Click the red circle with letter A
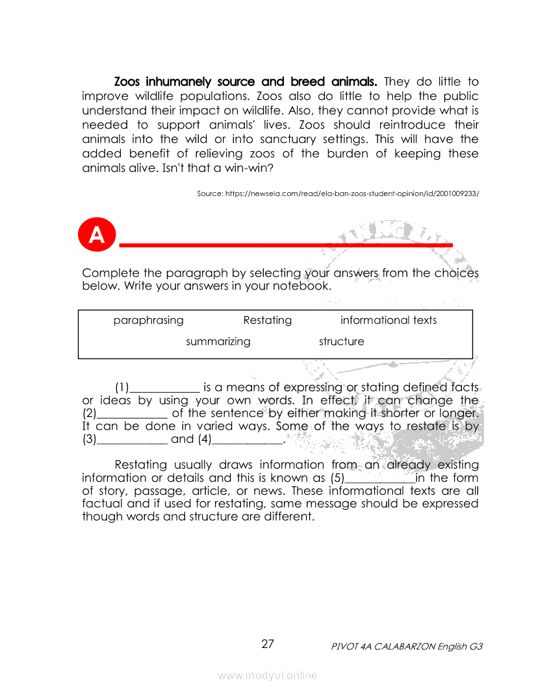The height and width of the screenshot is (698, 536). pyautogui.click(x=97, y=235)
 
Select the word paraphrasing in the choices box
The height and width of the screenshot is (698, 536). pyautogui.click(x=148, y=320)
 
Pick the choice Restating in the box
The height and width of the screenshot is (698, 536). pyautogui.click(x=267, y=320)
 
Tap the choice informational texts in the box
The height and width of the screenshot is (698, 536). pyautogui.click(x=388, y=320)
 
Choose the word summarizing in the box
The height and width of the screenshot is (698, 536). pyautogui.click(x=218, y=342)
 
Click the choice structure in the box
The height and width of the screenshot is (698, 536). pyautogui.click(x=341, y=342)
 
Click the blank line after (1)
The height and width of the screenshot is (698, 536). pyautogui.click(x=165, y=390)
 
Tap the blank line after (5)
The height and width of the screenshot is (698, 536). pyautogui.click(x=379, y=481)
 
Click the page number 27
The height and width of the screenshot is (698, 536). pyautogui.click(x=268, y=644)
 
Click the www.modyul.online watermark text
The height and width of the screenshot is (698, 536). pyautogui.click(x=268, y=675)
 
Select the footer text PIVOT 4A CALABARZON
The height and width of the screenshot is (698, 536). pyautogui.click(x=383, y=647)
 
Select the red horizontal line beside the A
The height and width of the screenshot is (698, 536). pyautogui.click(x=286, y=245)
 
